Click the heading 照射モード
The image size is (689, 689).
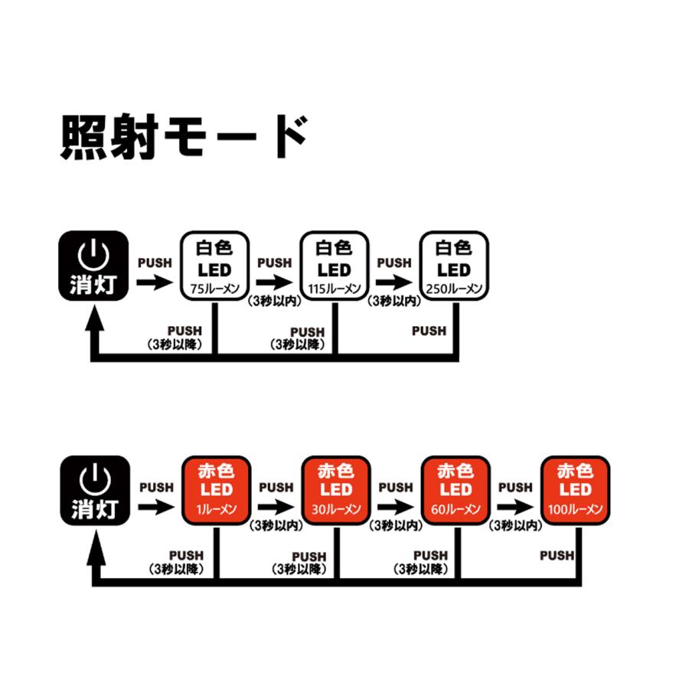pyautogui.click(x=184, y=136)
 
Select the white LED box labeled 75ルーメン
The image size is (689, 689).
pyautogui.click(x=215, y=266)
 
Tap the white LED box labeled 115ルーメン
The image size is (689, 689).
pyautogui.click(x=335, y=266)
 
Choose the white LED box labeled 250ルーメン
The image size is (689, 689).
pyautogui.click(x=454, y=266)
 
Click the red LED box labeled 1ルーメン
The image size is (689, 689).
pyautogui.click(x=217, y=491)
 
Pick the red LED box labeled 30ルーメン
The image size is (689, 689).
pyautogui.click(x=336, y=491)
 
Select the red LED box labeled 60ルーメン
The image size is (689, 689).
pyautogui.click(x=456, y=491)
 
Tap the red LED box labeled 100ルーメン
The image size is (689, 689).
pyautogui.click(x=575, y=491)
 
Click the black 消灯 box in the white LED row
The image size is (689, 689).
pyautogui.click(x=93, y=266)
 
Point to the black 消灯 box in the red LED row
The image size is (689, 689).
pyautogui.click(x=96, y=491)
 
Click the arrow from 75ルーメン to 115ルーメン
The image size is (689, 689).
pyautogui.click(x=275, y=282)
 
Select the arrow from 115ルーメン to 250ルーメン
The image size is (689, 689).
pyautogui.click(x=394, y=282)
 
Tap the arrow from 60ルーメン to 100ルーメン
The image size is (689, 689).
pyautogui.click(x=515, y=507)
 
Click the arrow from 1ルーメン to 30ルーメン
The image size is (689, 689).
pyautogui.click(x=276, y=507)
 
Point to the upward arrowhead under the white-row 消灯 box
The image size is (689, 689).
pyautogui.click(x=94, y=317)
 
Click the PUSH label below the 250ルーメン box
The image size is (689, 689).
pyautogui.click(x=429, y=331)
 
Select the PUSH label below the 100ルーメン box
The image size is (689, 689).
pyautogui.click(x=557, y=556)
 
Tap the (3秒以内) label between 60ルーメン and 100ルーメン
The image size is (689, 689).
pyautogui.click(x=515, y=525)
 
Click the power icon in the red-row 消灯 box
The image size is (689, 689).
pyautogui.click(x=95, y=479)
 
